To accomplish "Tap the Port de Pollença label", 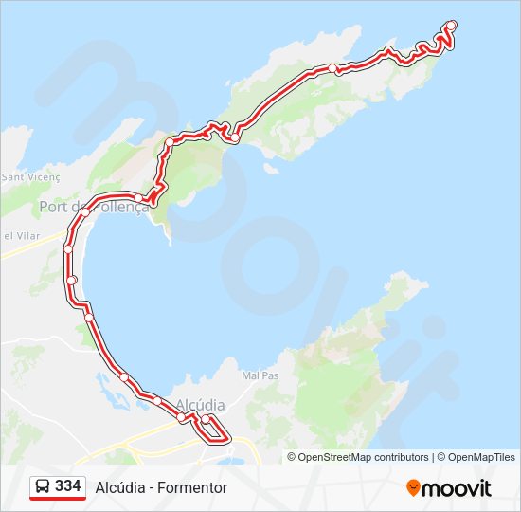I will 94,207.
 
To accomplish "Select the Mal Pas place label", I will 260,375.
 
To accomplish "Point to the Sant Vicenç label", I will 31,176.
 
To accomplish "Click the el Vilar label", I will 19,235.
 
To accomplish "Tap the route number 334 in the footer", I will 67,485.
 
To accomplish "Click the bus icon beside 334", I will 43,486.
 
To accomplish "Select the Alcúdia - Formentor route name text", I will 161,487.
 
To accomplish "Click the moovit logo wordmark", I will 457,488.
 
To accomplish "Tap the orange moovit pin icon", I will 413,487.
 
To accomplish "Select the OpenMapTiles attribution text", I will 483,457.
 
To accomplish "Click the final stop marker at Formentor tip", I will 452,26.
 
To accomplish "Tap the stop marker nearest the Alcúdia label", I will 181,416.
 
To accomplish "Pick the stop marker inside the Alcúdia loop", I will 206,418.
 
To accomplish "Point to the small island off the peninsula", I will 271,171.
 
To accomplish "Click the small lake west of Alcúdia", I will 103,383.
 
